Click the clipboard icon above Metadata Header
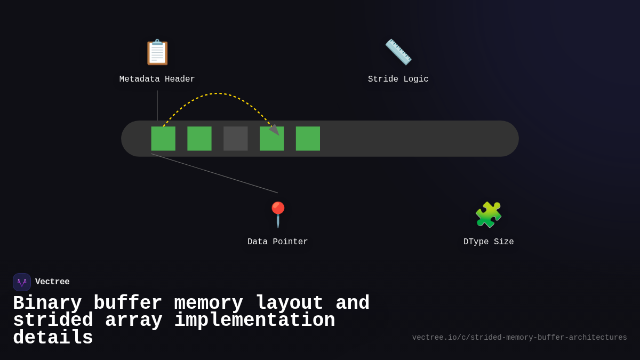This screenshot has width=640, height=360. (157, 52)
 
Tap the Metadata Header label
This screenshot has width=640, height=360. (157, 79)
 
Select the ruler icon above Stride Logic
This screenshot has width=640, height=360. (398, 52)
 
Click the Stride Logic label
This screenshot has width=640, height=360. (398, 79)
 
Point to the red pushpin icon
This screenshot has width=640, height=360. (278, 214)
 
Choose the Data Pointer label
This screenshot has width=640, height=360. (278, 242)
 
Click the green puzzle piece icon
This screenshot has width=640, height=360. (489, 214)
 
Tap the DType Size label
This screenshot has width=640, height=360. (489, 242)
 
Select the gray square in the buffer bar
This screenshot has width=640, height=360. (236, 139)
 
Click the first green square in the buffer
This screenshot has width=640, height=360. (163, 139)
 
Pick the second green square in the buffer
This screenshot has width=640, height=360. (199, 139)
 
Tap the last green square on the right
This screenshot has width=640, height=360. (308, 139)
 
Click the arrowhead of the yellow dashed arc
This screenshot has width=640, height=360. (275, 130)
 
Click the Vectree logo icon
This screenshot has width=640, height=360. (22, 282)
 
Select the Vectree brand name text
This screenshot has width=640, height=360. (52, 282)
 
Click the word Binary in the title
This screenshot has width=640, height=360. (47, 303)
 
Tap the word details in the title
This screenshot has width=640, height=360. (53, 338)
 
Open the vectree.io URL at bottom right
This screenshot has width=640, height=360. (519, 338)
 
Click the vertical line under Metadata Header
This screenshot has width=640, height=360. (157, 106)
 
